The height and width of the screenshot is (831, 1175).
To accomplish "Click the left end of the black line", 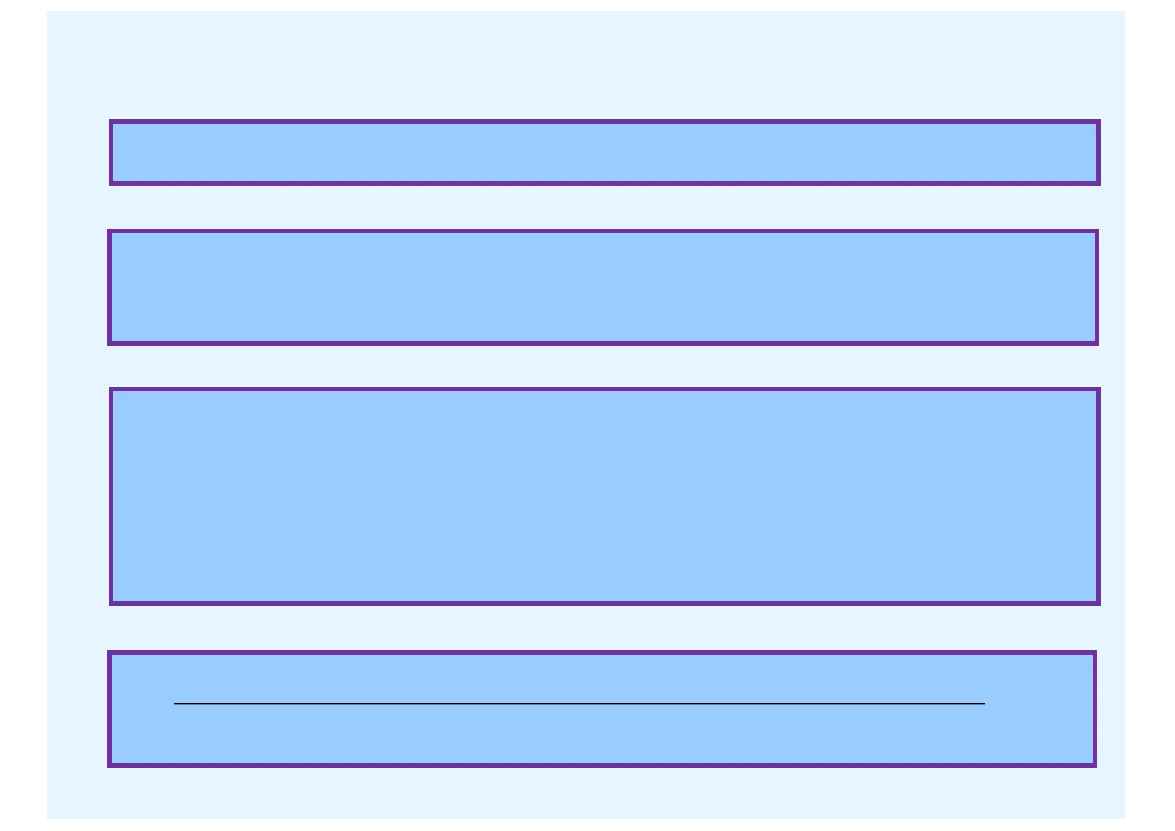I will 174,703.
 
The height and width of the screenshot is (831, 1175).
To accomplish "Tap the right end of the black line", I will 985,703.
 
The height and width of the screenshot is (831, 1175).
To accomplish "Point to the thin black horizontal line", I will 579,703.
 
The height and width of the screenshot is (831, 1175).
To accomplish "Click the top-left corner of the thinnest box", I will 110,121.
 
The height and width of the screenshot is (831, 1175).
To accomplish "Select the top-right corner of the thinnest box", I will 1099,121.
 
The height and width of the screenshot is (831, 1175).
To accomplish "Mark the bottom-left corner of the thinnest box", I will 110,184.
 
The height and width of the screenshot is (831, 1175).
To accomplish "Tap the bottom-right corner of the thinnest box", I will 1099,184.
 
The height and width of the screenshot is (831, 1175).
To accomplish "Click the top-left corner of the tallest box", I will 110,389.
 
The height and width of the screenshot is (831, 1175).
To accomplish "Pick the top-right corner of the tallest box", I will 1099,389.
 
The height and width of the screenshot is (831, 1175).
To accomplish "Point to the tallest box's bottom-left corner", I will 110,604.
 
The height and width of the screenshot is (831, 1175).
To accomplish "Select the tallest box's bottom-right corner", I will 1099,604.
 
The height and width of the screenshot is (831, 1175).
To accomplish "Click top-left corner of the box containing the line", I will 108,652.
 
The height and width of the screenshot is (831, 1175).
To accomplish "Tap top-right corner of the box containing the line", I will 1095,652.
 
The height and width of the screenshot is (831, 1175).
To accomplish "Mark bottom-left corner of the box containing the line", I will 108,765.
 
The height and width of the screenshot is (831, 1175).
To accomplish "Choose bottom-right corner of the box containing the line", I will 1095,765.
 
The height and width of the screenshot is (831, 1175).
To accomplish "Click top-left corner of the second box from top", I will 108,231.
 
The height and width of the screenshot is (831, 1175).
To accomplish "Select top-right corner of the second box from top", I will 1098,231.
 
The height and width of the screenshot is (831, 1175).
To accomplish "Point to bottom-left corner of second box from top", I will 108,344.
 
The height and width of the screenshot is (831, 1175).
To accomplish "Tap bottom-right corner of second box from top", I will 1098,344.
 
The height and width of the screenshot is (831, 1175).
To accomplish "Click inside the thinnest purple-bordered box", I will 604,153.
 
